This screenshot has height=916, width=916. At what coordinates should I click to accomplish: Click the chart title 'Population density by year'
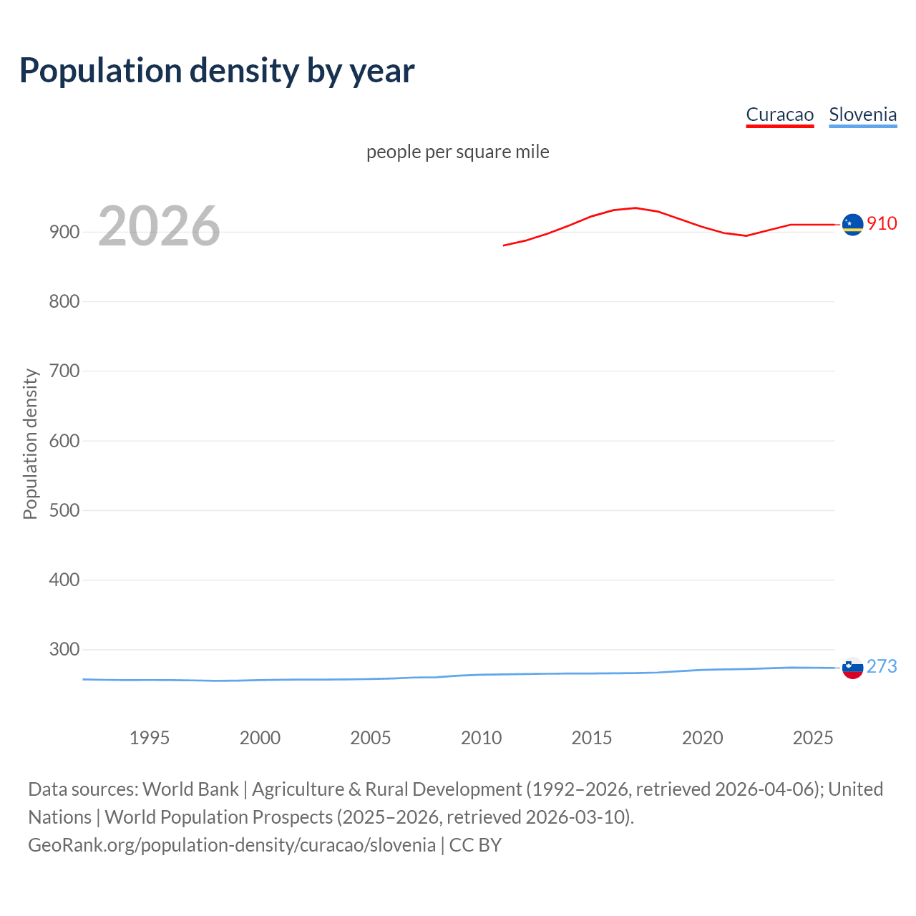point(217,70)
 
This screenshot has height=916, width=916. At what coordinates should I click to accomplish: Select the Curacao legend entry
point(779,114)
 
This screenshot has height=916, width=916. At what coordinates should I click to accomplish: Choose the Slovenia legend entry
point(862,114)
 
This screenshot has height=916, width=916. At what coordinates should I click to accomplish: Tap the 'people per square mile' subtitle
point(457,152)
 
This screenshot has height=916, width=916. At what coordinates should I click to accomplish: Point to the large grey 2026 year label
point(159,226)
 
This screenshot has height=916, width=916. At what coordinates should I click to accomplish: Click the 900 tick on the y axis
point(64,232)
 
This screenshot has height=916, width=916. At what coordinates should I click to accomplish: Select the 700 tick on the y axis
point(64,371)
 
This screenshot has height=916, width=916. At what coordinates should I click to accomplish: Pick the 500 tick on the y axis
point(64,510)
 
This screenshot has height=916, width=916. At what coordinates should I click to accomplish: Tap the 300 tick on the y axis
point(64,649)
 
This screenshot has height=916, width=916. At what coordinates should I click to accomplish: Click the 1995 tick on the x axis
point(150,738)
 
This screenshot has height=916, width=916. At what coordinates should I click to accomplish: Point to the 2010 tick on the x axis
point(481,738)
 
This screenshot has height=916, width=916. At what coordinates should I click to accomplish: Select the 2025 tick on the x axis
point(813,738)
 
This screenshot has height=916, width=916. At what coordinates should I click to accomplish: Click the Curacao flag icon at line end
point(852,225)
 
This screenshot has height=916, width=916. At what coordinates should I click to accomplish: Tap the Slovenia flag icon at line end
point(852,668)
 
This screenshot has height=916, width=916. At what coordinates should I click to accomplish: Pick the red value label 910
point(882,223)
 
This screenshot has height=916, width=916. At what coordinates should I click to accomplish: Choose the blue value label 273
point(882,666)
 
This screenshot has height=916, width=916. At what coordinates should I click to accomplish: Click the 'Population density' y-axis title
point(30,444)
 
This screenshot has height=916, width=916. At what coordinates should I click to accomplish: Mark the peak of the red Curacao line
point(635,208)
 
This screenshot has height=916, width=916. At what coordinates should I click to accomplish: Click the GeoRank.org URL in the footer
point(232,844)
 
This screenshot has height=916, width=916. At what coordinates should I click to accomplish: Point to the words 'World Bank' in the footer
point(190,789)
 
